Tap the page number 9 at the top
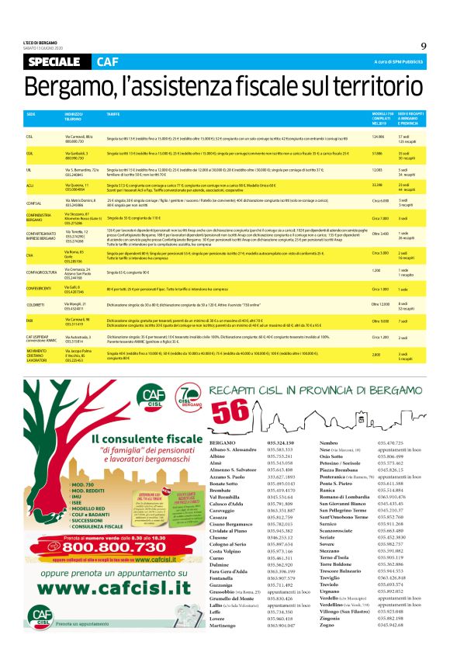424,46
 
